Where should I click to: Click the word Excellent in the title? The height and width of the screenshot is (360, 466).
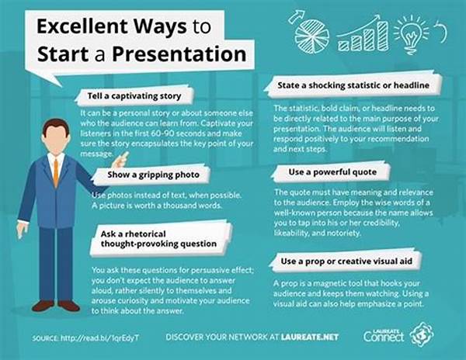[x=82, y=26]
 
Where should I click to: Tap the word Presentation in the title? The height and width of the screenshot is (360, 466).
[x=179, y=54]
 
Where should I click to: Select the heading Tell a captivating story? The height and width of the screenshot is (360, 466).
[x=134, y=96]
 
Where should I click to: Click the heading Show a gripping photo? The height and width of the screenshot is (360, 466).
[x=153, y=175]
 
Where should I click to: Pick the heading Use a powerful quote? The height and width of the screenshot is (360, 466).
[x=332, y=172]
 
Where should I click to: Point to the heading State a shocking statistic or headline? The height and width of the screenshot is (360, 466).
[x=353, y=85]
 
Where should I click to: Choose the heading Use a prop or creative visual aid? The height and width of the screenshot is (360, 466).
[x=346, y=261]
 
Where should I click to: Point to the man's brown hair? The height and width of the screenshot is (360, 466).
[x=56, y=126]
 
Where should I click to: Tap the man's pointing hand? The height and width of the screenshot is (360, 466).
[x=120, y=161]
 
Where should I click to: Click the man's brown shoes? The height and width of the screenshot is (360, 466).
[x=56, y=306]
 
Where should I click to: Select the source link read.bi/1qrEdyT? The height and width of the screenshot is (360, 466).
[x=100, y=337]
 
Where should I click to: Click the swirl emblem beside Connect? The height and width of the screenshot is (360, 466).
[x=422, y=334]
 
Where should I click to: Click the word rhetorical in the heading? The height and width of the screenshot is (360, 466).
[x=145, y=234]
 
